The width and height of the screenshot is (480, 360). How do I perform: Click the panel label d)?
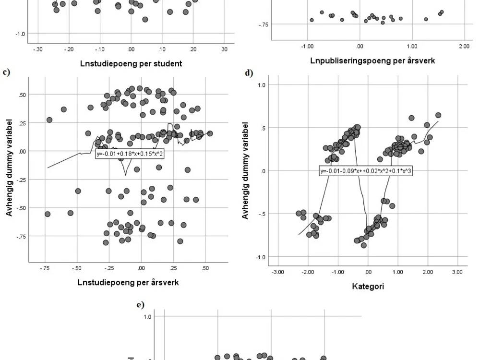tap(248, 73)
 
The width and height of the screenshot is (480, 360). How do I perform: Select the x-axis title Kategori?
tap(367, 287)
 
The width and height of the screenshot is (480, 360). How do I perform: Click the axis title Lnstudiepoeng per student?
tap(131, 63)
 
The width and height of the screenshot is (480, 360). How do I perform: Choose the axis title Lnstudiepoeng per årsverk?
tap(128, 282)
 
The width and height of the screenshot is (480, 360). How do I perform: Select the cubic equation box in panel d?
tap(367, 171)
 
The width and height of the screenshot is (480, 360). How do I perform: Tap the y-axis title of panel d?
tap(246, 170)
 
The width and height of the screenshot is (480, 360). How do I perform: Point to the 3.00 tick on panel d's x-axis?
tap(457, 272)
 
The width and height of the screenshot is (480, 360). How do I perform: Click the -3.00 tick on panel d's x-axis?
tap(278, 272)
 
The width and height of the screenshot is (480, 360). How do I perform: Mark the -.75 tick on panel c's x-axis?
tap(45, 268)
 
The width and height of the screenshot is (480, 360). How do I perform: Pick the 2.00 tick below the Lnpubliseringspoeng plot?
tap(463, 46)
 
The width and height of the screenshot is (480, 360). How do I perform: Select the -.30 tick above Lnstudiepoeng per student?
tap(37, 49)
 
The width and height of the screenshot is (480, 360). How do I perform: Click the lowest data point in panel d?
tap(364, 245)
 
